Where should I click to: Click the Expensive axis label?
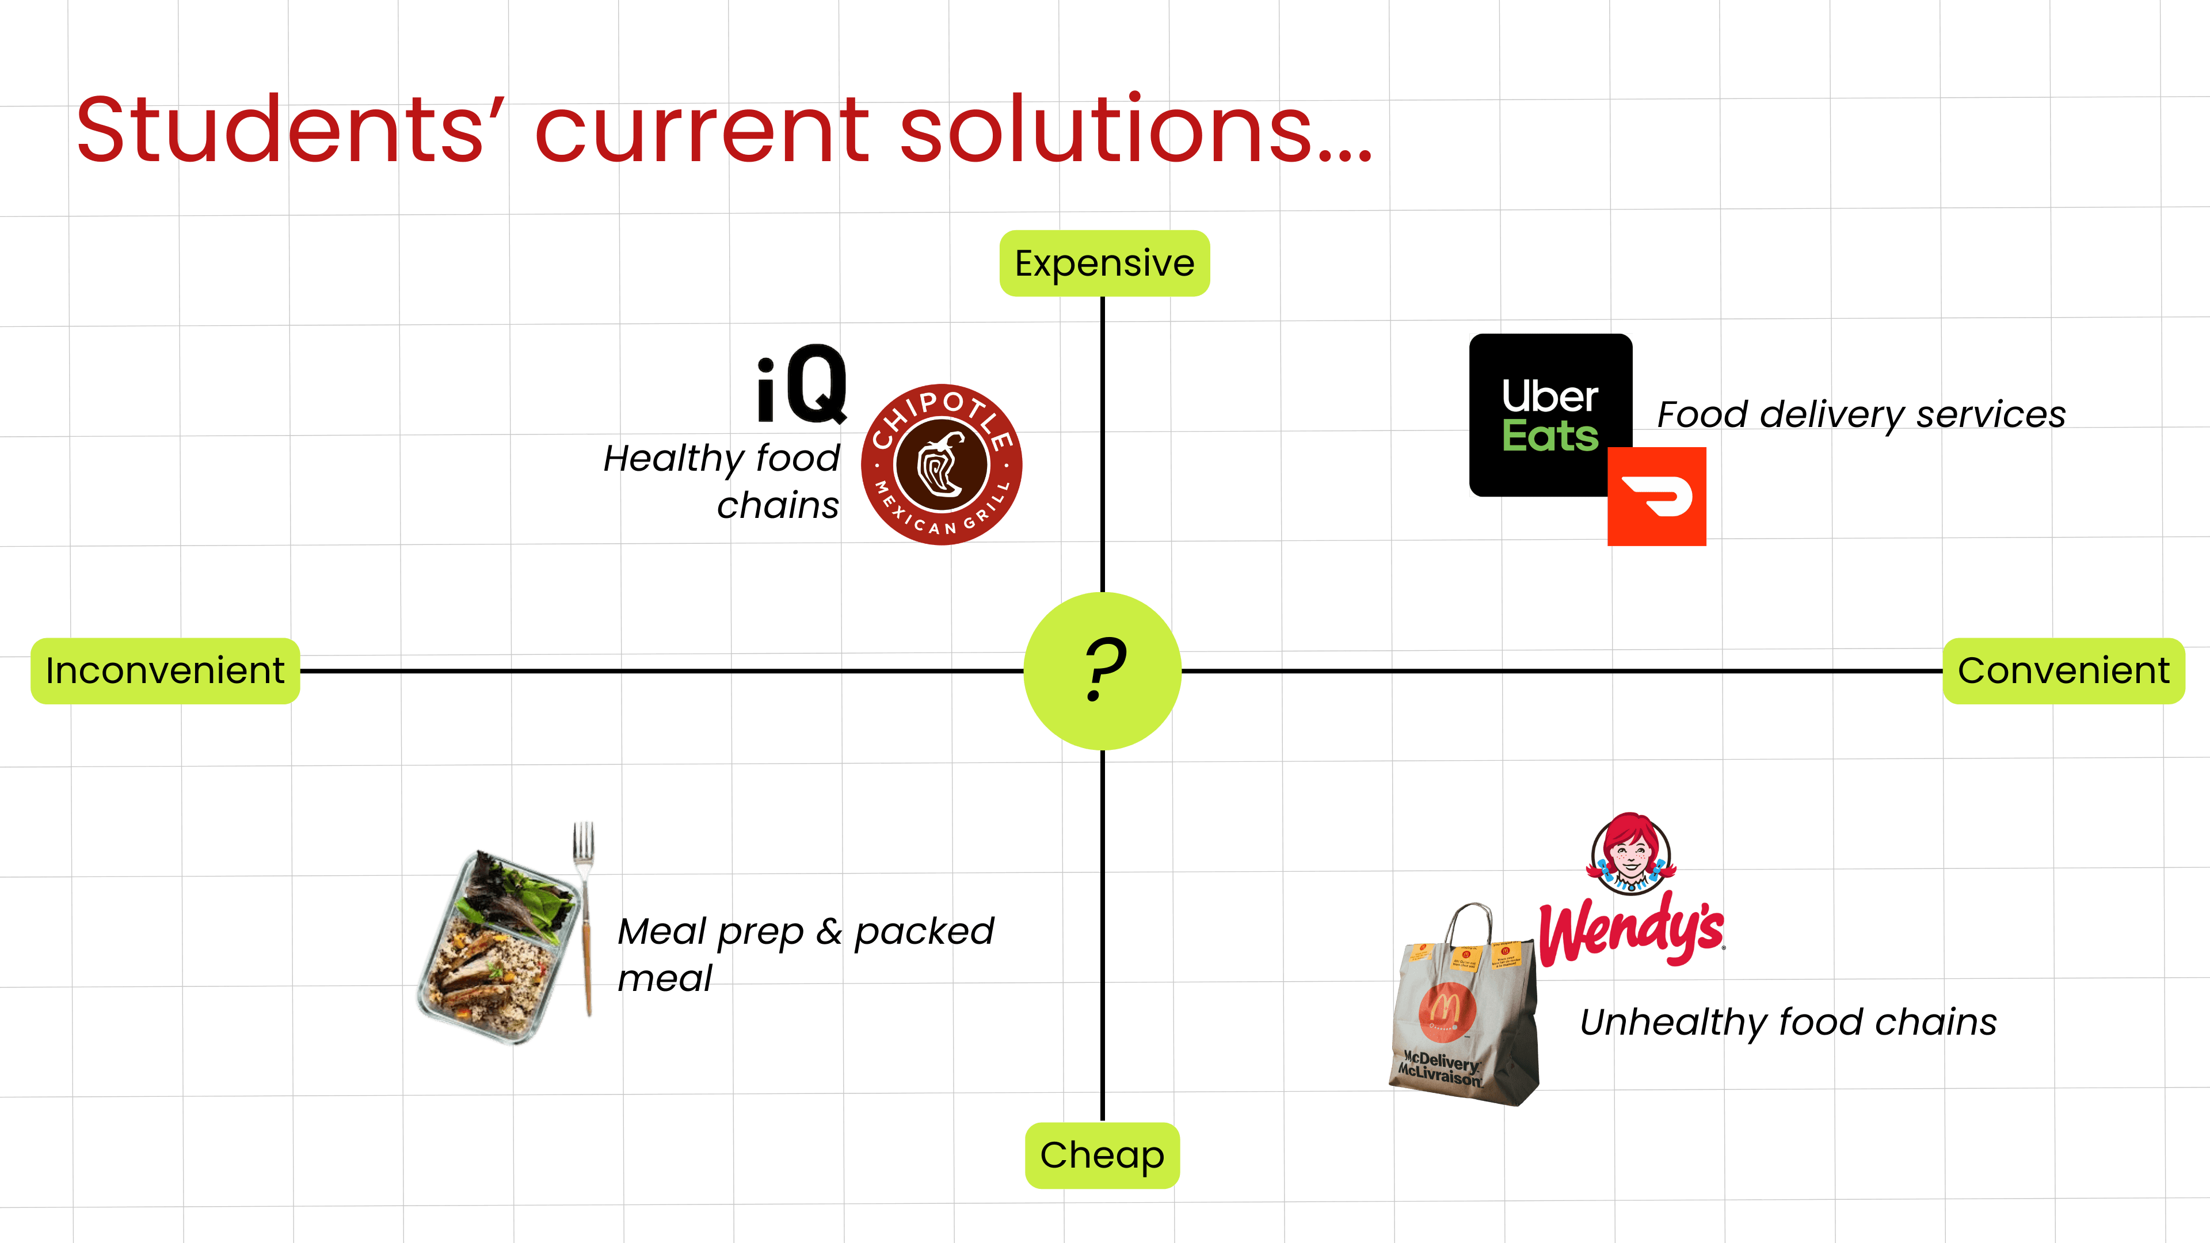(x=1104, y=264)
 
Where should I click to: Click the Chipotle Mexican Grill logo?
(x=941, y=464)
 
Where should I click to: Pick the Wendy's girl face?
(x=1630, y=853)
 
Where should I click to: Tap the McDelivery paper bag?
(x=1465, y=1012)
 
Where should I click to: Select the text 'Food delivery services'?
(x=1861, y=414)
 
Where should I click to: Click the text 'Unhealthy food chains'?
(x=1788, y=1021)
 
